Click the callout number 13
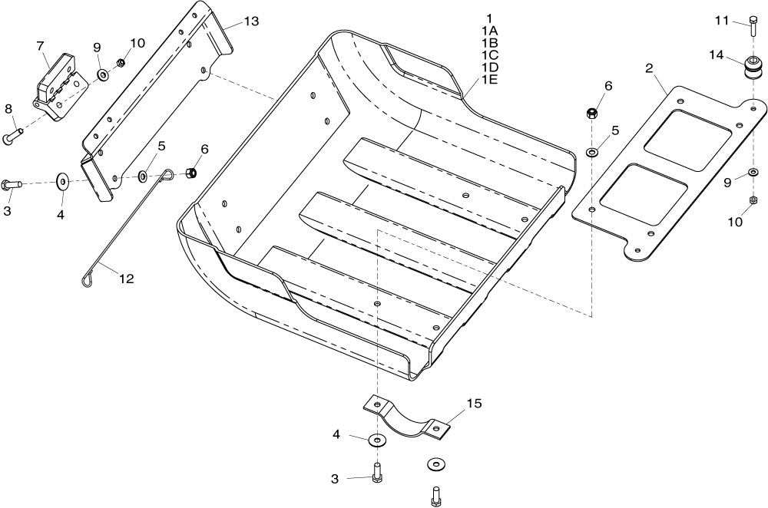(251, 21)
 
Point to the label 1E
(489, 79)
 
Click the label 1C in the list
(489, 54)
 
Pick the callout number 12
(127, 279)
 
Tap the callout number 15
(474, 404)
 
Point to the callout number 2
(650, 68)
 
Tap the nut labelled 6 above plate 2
(591, 114)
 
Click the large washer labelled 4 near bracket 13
(63, 180)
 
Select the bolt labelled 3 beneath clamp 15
(376, 473)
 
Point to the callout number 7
(40, 46)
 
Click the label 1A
(489, 31)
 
